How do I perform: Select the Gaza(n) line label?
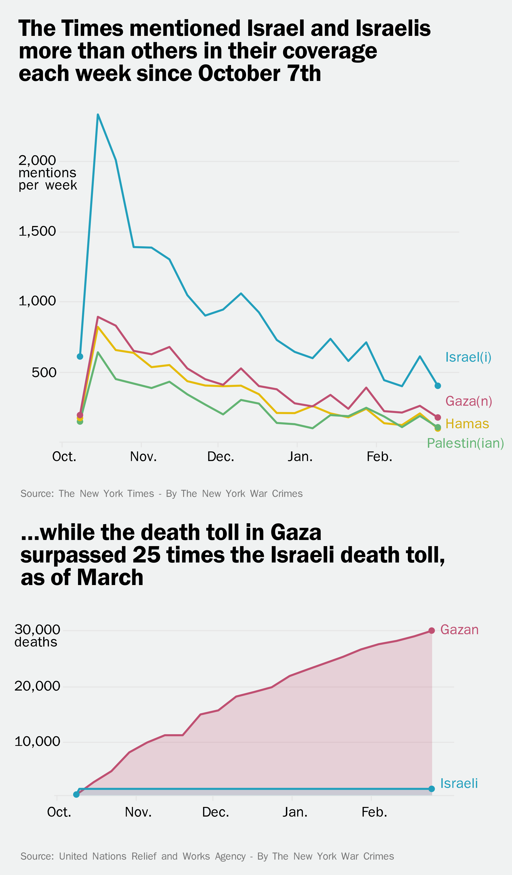click(x=469, y=401)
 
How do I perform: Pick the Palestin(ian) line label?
click(x=465, y=443)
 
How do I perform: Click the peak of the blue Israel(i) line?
click(x=98, y=115)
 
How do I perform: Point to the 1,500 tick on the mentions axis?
click(x=37, y=231)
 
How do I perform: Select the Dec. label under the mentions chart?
click(x=220, y=457)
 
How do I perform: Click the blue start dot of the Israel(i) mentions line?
click(x=80, y=356)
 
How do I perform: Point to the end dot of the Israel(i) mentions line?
click(x=438, y=386)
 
